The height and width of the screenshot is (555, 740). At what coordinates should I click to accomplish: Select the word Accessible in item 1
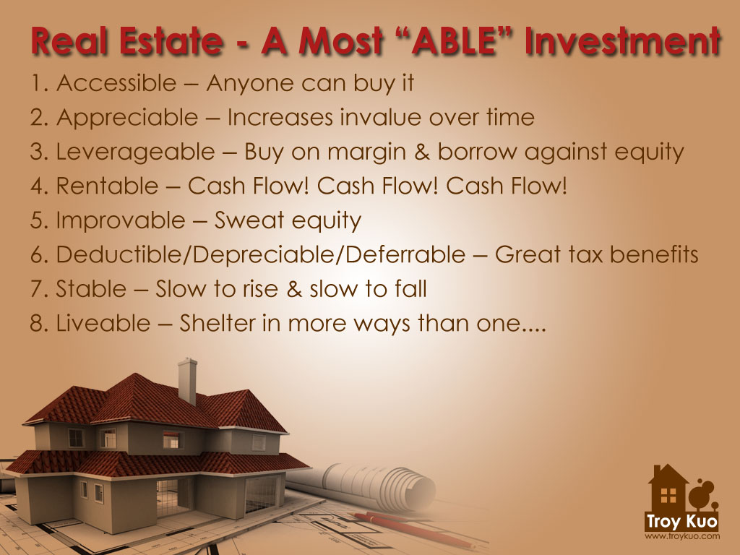pyautogui.click(x=116, y=83)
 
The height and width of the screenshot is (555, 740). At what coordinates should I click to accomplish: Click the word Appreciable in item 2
pyautogui.click(x=126, y=118)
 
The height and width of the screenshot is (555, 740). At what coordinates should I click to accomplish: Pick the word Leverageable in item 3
pyautogui.click(x=135, y=152)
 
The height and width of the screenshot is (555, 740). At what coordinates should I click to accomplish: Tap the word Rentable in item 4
pyautogui.click(x=106, y=186)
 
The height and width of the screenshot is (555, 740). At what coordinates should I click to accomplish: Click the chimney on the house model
pyautogui.click(x=187, y=379)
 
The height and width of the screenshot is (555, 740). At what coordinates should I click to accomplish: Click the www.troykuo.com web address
pyautogui.click(x=681, y=537)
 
